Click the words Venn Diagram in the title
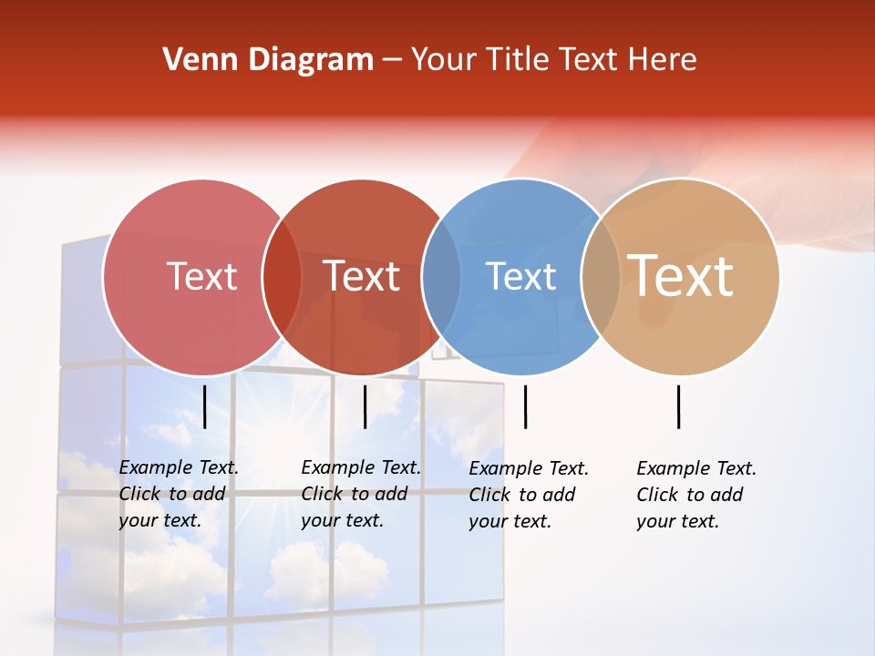pyautogui.click(x=268, y=60)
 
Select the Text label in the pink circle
pyautogui.click(x=201, y=276)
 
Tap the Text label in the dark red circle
pyautogui.click(x=362, y=276)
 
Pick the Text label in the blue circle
pyautogui.click(x=520, y=276)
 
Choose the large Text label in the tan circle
pyautogui.click(x=681, y=275)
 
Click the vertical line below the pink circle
pyautogui.click(x=205, y=406)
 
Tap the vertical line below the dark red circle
pyautogui.click(x=365, y=406)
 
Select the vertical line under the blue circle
pyautogui.click(x=525, y=406)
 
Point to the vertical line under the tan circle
pyautogui.click(x=678, y=406)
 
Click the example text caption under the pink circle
pyautogui.click(x=179, y=494)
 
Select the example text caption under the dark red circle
pyautogui.click(x=361, y=494)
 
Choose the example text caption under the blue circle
pyautogui.click(x=529, y=495)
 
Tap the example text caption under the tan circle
pyautogui.click(x=696, y=495)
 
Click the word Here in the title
pyautogui.click(x=664, y=60)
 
